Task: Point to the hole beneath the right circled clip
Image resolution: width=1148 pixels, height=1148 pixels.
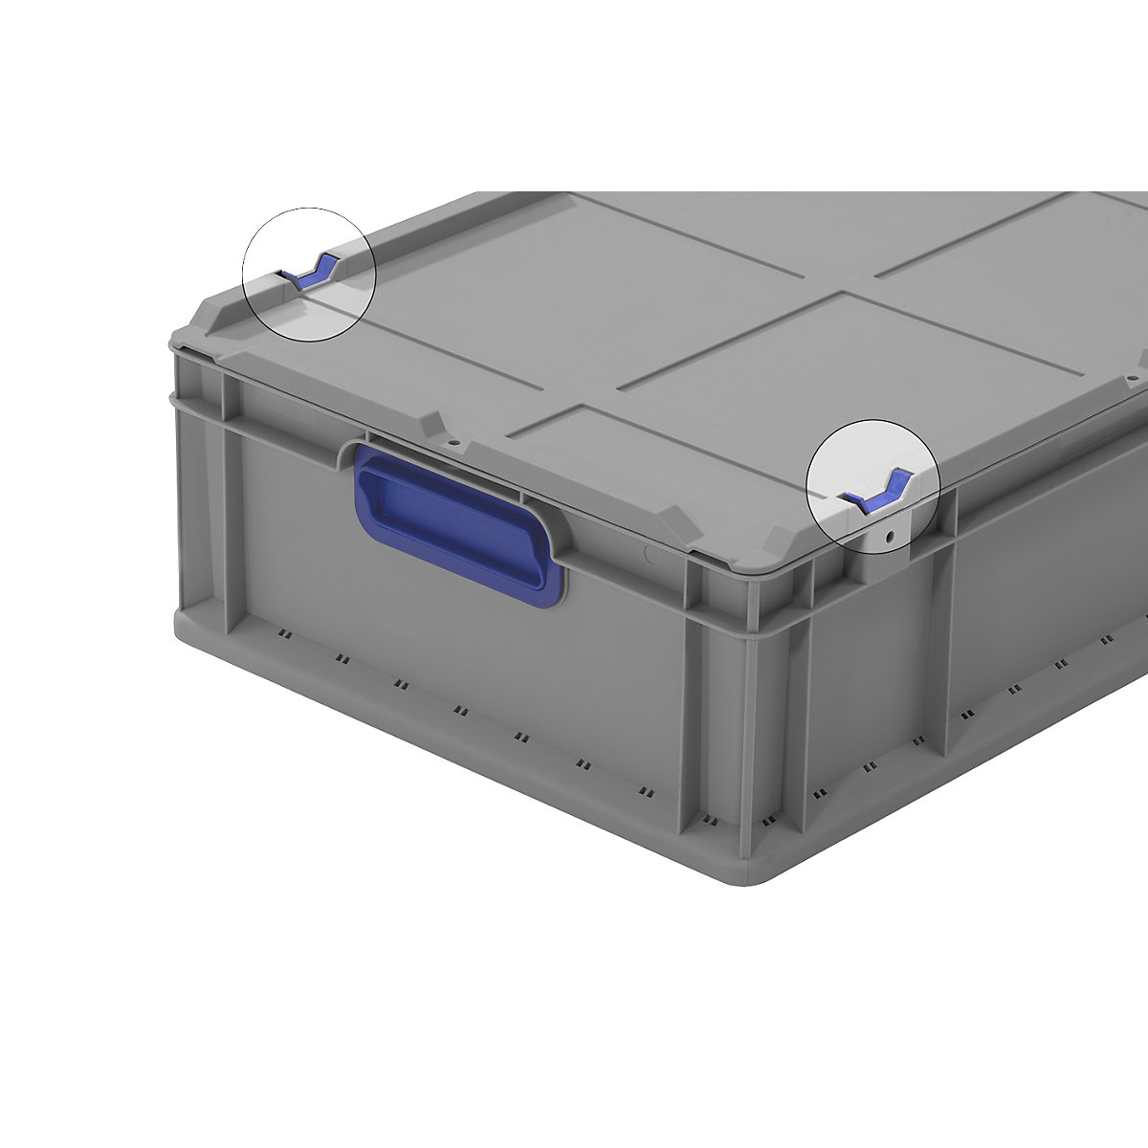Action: coord(890,538)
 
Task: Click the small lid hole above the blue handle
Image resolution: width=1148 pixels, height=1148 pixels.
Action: coord(455,444)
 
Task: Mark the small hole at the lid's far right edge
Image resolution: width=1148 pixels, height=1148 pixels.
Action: coord(1131,379)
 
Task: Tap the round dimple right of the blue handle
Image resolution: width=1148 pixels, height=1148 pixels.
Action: coord(651,553)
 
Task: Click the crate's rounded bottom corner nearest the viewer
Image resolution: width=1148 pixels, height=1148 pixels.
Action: coord(756,866)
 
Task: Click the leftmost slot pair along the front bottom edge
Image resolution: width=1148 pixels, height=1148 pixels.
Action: coord(283,633)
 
